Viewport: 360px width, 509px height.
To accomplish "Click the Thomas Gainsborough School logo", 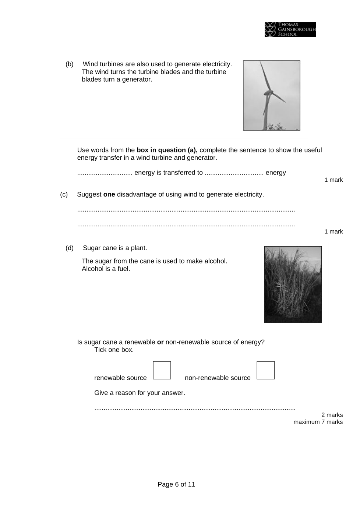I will pos(290,29).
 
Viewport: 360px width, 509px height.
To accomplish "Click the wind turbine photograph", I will pos(271,95).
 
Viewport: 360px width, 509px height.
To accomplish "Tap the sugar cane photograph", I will pos(293,284).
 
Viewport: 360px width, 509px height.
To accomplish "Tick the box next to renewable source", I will pos(162,370).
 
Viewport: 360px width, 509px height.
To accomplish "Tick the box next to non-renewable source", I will pos(265,370).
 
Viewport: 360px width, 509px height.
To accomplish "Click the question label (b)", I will pos(69,64).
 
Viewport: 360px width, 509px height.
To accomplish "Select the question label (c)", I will pos(64,194).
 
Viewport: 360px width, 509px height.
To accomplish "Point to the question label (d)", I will pos(69,248).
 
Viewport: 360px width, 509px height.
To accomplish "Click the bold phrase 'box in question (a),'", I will pos(167,150).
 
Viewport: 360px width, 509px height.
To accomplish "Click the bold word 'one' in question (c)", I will pos(109,194).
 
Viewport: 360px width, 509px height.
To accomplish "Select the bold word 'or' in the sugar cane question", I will pos(160,342).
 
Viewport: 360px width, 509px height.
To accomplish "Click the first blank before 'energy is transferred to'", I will pos(105,173).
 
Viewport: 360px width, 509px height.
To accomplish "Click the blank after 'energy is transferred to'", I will pos(234,173).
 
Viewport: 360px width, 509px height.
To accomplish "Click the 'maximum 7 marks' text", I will pos(318,422).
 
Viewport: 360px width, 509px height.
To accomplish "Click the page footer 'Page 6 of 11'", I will pos(176,484).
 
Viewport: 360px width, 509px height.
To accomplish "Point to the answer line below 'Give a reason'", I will pos(195,408).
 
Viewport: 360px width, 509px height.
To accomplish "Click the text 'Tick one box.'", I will pos(114,350).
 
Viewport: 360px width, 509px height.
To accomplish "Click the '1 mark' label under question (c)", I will pos(333,231).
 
